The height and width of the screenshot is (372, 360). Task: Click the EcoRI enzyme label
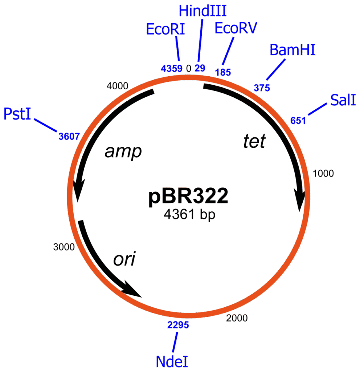tap(165, 29)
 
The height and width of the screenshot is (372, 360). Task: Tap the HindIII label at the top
tap(203, 11)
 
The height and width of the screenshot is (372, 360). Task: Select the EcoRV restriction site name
tap(236, 28)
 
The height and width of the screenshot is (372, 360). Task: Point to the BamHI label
tap(292, 50)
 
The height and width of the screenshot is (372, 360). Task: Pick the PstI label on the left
tap(17, 114)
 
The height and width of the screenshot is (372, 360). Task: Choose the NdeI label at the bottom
tap(172, 361)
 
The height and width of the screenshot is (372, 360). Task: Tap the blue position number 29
tap(200, 68)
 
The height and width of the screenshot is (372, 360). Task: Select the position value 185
tap(223, 72)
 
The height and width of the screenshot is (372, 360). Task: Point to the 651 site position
tap(298, 120)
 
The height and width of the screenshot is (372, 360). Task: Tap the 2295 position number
tap(178, 325)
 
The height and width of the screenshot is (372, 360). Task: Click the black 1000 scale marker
tap(323, 174)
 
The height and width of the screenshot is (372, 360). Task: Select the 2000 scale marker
tap(237, 318)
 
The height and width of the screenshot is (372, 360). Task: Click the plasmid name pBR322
tap(189, 197)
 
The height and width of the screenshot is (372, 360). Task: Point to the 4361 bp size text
tap(189, 215)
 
